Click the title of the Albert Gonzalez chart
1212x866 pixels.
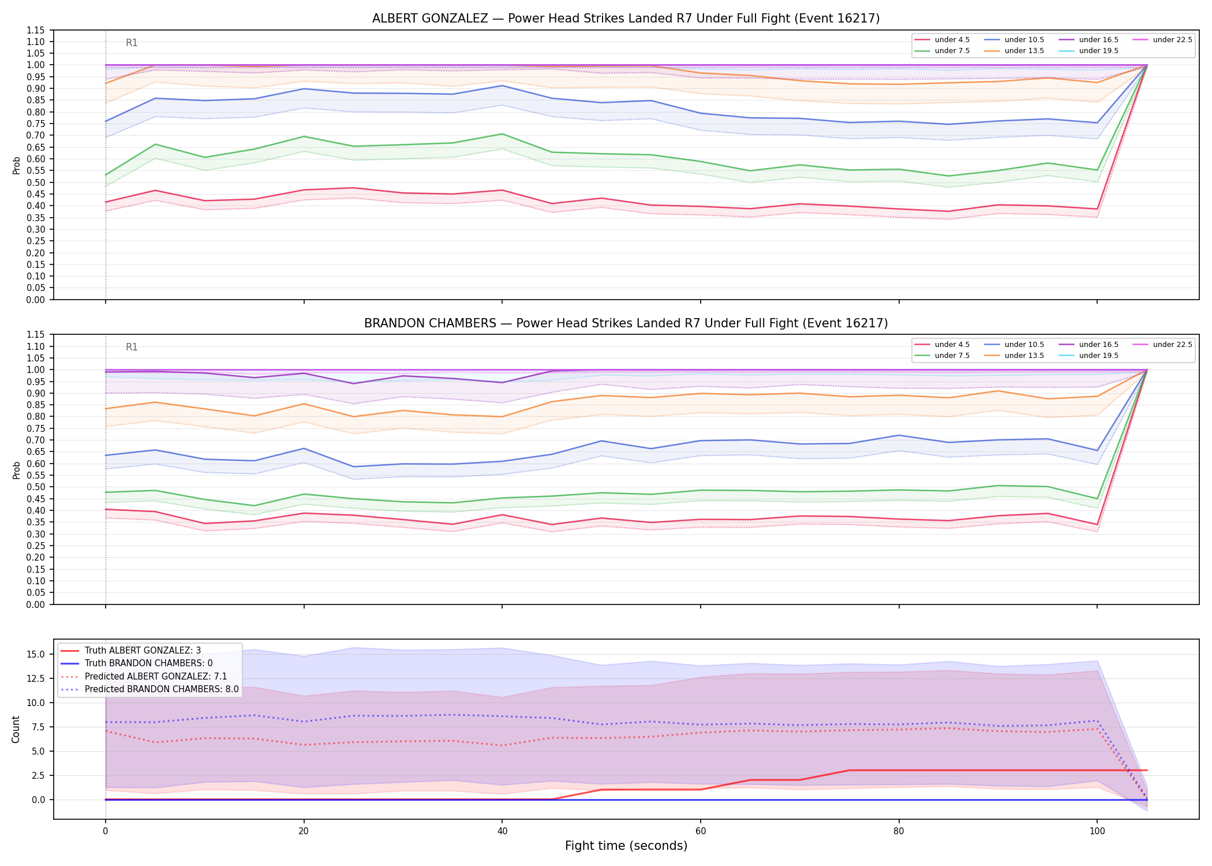(626, 18)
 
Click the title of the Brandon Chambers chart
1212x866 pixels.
(626, 323)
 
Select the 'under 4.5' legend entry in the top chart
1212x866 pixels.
(942, 40)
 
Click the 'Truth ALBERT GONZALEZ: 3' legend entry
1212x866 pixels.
(131, 651)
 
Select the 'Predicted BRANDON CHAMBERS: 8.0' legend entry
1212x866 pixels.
(149, 689)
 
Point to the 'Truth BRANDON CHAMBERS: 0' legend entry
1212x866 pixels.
(137, 663)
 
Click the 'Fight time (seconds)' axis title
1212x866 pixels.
(626, 846)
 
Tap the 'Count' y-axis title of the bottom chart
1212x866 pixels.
(16, 729)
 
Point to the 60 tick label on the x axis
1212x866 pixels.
(700, 831)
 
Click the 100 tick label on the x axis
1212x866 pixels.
(1097, 831)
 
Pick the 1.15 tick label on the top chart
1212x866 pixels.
(37, 30)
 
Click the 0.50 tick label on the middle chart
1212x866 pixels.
(37, 487)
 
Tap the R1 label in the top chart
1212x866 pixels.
(132, 43)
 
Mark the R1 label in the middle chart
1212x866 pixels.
(132, 347)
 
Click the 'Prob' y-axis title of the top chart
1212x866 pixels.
(17, 165)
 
